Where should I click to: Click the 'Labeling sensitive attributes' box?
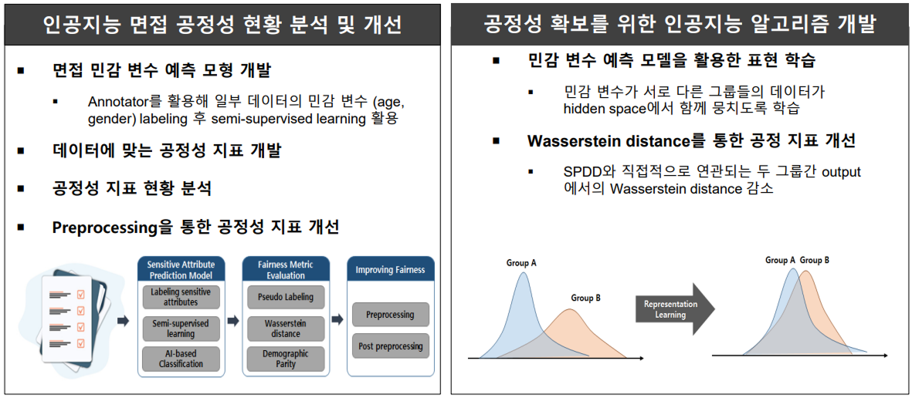point(181,297)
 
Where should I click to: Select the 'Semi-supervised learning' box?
point(181,329)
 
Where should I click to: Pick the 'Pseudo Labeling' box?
point(286,297)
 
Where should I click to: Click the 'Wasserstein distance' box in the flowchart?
point(286,329)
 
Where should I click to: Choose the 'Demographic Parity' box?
point(286,359)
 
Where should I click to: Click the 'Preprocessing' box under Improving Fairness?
point(390,315)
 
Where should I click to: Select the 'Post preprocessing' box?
point(390,346)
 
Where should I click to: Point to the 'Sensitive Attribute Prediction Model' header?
point(181,269)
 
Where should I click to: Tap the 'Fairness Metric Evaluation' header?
point(286,269)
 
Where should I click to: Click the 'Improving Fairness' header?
point(390,270)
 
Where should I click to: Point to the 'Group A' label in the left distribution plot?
point(522,263)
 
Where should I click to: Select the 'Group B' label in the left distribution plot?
point(586,298)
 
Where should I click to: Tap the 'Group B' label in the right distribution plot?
point(815,260)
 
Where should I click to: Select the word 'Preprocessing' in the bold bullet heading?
point(103,228)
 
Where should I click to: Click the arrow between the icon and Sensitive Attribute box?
point(123,320)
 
